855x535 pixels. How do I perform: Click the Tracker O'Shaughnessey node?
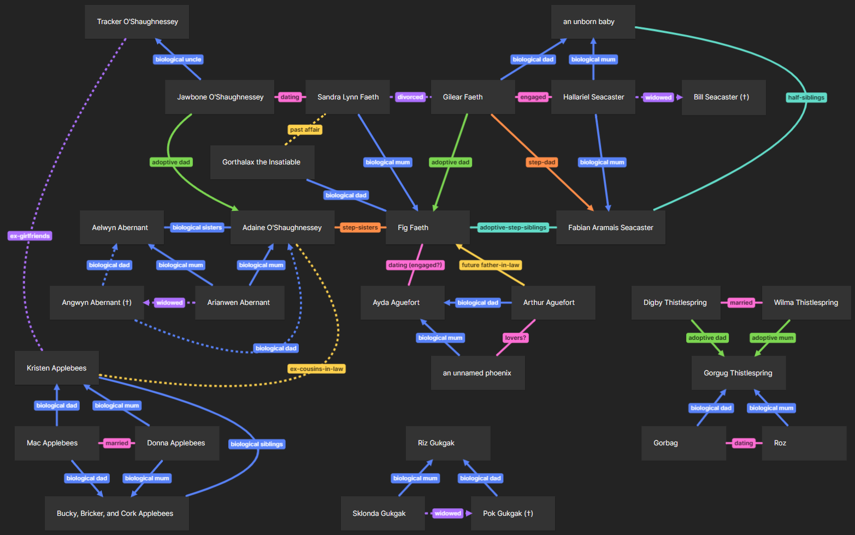coord(137,22)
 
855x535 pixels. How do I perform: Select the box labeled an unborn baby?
coord(593,22)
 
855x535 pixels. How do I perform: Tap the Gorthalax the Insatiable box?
coord(262,162)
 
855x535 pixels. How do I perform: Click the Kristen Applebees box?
coord(57,368)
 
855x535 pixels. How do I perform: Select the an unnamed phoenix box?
coord(477,373)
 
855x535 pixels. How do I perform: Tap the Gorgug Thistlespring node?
coord(738,373)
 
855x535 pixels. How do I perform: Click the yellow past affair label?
coord(305,130)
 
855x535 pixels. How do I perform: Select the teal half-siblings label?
coord(806,97)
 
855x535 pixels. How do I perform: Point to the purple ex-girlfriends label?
coord(30,236)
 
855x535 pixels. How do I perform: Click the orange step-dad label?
coord(541,162)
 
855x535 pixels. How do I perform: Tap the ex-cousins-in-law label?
coord(317,369)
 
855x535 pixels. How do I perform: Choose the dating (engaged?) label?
coord(415,265)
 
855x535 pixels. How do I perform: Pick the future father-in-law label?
coord(490,265)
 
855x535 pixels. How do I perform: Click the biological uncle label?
coord(178,60)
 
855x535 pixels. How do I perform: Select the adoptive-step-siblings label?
coord(512,227)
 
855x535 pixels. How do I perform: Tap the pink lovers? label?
coord(515,338)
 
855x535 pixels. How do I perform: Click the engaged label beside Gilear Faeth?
coord(533,97)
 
